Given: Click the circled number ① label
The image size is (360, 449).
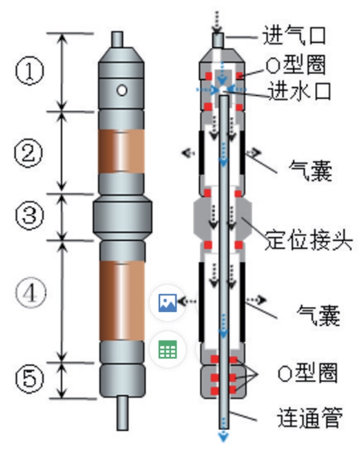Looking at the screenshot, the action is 30,70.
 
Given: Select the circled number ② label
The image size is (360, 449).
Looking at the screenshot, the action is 28,153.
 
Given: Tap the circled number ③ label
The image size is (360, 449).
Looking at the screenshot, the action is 30,215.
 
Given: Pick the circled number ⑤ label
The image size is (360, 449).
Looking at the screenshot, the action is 30,379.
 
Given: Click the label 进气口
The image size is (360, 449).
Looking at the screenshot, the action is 294,35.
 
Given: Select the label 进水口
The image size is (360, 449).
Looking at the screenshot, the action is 300,91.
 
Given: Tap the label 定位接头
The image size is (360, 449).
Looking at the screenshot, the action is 309,240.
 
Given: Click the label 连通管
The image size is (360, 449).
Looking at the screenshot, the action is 310,417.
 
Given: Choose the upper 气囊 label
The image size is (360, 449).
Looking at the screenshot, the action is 311,170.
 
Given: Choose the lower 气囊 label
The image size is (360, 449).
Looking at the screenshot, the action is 318,315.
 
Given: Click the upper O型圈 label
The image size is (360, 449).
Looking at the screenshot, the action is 296,65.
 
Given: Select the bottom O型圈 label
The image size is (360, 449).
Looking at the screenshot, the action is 307,372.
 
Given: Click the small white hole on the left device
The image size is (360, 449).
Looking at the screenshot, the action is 122,91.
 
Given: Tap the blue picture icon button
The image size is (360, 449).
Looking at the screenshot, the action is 168,303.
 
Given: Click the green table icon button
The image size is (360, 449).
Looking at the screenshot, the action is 168,350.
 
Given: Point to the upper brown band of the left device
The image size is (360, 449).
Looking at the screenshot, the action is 121,152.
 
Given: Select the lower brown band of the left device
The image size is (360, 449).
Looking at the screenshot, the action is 122,301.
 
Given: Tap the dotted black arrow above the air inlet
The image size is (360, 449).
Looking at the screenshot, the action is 216,22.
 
